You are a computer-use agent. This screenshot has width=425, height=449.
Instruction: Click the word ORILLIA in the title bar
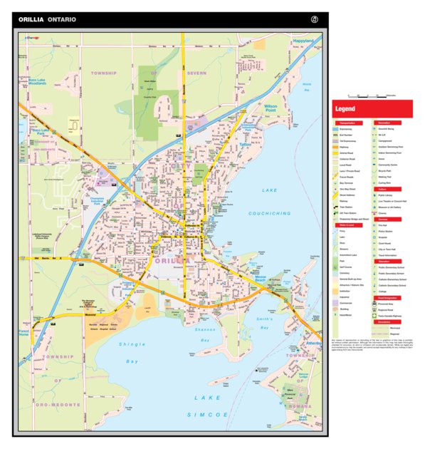31,20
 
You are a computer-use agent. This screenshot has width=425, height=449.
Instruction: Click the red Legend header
346,109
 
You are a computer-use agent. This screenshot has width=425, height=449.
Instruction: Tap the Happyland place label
303,41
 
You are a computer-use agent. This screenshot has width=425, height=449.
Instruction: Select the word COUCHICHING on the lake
270,213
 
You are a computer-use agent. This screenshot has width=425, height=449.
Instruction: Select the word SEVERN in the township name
197,73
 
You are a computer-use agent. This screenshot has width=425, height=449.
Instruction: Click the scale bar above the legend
370,96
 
